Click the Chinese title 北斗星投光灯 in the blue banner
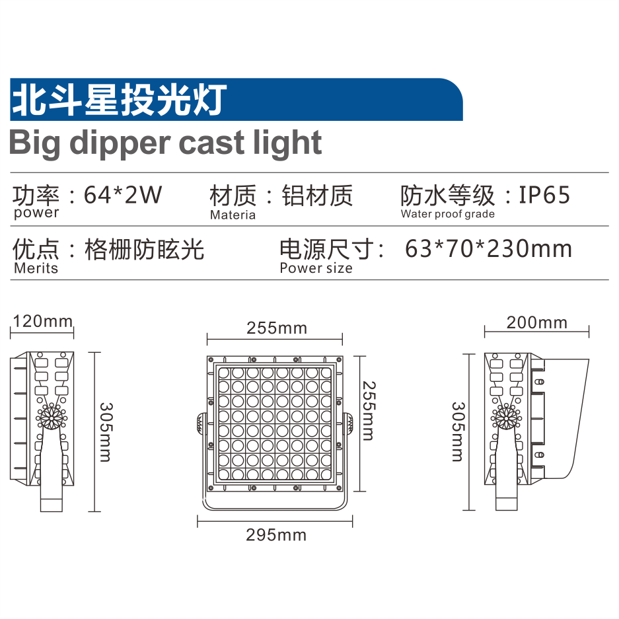click(119, 100)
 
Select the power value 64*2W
click(123, 196)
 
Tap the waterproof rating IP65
click(544, 196)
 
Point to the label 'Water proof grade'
click(447, 214)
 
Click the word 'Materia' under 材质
click(233, 215)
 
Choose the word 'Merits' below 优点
click(36, 268)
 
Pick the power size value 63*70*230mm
click(489, 249)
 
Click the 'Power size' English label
click(316, 268)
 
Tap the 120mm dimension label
click(43, 322)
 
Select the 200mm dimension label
click(536, 322)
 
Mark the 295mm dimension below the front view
click(276, 535)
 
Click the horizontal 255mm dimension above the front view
click(276, 328)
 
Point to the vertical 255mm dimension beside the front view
click(368, 410)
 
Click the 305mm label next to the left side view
click(106, 432)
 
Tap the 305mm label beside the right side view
click(457, 432)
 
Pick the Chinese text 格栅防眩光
click(145, 249)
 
